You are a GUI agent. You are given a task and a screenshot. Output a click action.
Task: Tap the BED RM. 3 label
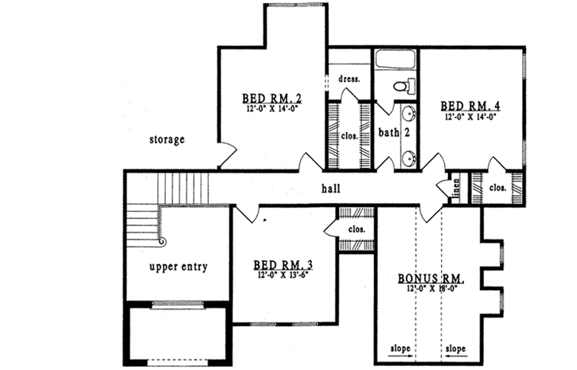click(x=283, y=264)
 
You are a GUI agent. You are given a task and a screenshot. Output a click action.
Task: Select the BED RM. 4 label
click(x=470, y=105)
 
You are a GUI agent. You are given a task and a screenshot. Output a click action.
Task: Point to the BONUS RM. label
click(x=431, y=279)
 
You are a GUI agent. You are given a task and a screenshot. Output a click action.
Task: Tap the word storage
click(x=167, y=140)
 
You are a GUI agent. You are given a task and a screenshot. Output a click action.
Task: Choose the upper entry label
click(x=178, y=267)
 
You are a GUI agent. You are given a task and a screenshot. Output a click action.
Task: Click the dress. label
click(x=349, y=79)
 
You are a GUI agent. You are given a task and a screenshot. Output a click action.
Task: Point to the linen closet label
click(x=458, y=190)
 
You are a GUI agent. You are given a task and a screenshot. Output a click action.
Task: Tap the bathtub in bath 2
click(x=396, y=60)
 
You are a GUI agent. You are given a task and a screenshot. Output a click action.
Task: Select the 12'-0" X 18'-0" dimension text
click(x=431, y=290)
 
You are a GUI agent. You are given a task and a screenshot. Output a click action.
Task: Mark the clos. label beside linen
click(x=498, y=189)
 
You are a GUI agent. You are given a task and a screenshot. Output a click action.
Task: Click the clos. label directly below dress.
click(x=349, y=135)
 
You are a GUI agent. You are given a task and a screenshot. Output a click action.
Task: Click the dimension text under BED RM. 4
click(x=470, y=116)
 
